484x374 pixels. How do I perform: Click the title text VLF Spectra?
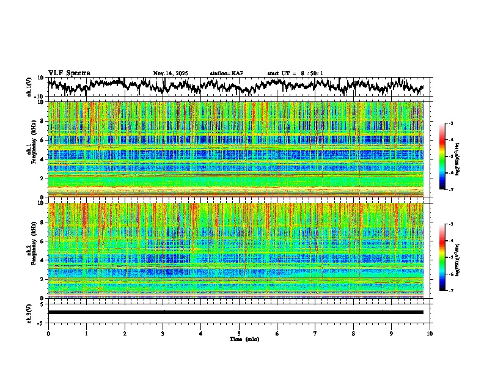tap(69, 73)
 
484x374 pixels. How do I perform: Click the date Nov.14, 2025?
tap(170, 73)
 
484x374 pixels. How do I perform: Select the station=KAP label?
tap(226, 73)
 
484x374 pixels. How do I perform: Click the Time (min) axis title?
tap(239, 339)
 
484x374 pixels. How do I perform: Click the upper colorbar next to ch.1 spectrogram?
tap(442, 156)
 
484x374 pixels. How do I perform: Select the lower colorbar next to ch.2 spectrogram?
tap(442, 257)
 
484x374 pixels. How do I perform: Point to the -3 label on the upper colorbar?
tap(450, 123)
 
